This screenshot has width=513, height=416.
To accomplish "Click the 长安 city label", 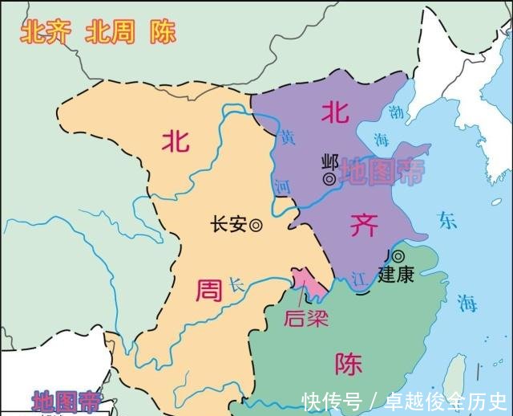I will pyautogui.click(x=227, y=225).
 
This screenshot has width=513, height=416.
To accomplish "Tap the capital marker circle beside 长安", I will pyautogui.click(x=256, y=226).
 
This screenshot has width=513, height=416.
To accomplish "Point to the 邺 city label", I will pyautogui.click(x=328, y=160).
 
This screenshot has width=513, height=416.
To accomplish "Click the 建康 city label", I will pyautogui.click(x=397, y=274).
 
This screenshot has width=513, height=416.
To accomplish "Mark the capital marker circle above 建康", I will pyautogui.click(x=398, y=256).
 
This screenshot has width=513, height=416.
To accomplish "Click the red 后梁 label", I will pyautogui.click(x=305, y=317).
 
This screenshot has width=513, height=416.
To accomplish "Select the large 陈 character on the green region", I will pyautogui.click(x=349, y=365).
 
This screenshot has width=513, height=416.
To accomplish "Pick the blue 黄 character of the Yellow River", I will pyautogui.click(x=288, y=138).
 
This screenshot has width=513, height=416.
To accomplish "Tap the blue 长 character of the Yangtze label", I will pyautogui.click(x=235, y=284).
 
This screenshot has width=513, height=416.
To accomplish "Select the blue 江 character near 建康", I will pyautogui.click(x=357, y=279).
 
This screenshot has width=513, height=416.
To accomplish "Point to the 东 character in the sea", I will pyautogui.click(x=446, y=218).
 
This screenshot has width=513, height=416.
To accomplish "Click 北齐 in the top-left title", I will pyautogui.click(x=42, y=31).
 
